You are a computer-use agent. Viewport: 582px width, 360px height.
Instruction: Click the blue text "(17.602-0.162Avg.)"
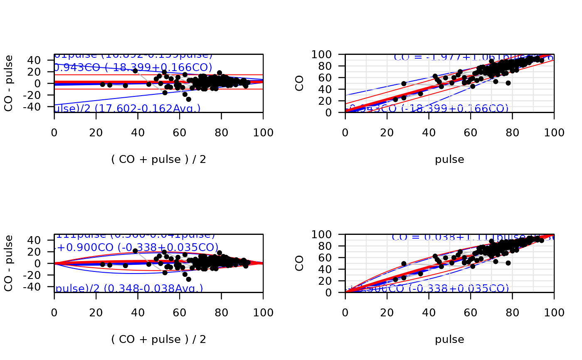point(148,108)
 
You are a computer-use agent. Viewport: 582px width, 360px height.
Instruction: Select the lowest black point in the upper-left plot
point(188,99)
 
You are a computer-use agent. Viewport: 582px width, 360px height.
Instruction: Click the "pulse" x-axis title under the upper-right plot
point(449,160)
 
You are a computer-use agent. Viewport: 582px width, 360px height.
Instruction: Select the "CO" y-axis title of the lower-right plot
point(300,263)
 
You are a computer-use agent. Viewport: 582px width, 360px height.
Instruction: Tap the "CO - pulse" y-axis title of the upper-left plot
point(9,83)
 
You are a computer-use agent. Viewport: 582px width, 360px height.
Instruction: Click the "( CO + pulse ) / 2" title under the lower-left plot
point(158,340)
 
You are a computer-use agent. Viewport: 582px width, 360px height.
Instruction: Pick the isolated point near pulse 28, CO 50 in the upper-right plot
point(404,84)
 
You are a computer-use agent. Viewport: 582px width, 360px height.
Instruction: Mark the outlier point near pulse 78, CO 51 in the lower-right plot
point(508,263)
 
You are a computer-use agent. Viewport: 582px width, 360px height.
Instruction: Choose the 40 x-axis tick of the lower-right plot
point(429,312)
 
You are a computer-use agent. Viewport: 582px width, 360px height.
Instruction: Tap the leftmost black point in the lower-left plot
point(103,264)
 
